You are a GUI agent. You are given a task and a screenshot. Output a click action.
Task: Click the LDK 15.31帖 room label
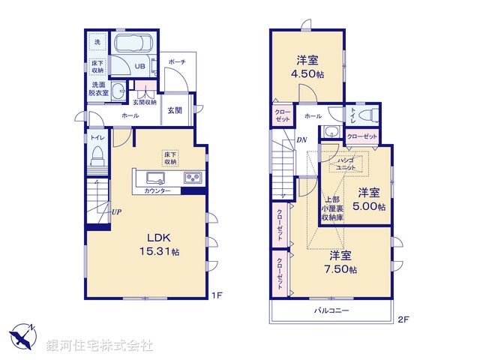coord(158,244)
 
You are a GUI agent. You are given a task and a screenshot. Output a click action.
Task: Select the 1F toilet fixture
coord(97,155)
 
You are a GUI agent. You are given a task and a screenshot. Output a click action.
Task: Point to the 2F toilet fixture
coord(365,115)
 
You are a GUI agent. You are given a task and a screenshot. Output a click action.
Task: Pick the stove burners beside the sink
coord(192,178)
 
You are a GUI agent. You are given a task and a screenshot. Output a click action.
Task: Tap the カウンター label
coord(157,191)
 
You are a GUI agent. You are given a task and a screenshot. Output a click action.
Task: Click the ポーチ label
coord(177,61)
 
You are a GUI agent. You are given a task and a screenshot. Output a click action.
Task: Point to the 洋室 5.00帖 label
coord(370,199)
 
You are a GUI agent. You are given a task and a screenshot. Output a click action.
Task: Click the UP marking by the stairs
coord(116,211)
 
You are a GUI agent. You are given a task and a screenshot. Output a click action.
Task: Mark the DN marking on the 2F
coord(301,140)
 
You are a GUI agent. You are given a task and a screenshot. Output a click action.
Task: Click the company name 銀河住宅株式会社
coord(99,346)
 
